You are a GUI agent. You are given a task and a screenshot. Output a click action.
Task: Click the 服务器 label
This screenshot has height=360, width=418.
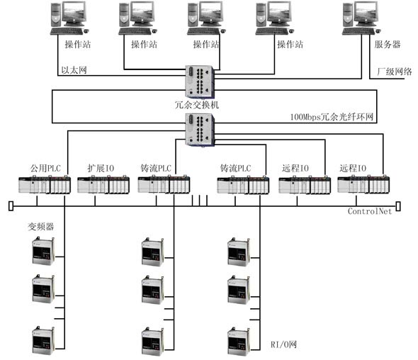tap(387, 44)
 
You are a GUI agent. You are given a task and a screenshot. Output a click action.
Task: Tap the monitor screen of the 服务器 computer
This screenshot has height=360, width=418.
tap(366, 12)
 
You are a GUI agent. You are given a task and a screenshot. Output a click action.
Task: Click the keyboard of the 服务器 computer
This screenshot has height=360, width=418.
tap(358, 31)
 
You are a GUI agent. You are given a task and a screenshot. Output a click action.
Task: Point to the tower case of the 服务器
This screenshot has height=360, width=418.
tap(348, 15)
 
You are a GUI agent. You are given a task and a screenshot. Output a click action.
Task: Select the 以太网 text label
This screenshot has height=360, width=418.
tap(74, 70)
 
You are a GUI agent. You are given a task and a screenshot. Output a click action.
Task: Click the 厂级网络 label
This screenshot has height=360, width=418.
tap(395, 72)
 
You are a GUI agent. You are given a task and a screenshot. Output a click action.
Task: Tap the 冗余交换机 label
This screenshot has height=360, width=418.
tap(197, 105)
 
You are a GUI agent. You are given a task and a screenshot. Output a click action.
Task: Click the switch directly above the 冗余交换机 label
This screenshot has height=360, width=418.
tap(200, 81)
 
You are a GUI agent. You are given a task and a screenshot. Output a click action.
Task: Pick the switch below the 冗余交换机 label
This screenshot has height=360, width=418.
tap(200, 130)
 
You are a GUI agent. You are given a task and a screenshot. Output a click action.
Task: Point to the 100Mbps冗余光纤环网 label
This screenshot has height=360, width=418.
tap(332, 117)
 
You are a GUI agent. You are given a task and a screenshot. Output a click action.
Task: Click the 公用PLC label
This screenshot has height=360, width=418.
tap(45, 168)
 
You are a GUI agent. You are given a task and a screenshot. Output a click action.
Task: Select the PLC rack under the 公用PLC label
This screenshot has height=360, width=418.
tap(45, 184)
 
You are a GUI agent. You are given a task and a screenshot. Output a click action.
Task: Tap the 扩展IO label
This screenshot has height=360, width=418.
tap(101, 168)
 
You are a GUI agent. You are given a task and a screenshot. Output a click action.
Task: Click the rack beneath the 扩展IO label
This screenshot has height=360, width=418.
tap(103, 184)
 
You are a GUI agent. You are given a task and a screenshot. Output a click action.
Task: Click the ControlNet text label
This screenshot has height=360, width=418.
tap(370, 211)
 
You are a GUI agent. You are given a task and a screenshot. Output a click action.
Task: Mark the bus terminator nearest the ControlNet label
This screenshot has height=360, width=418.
tap(398, 206)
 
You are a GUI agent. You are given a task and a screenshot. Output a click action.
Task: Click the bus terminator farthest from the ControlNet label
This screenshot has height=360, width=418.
tap(11, 206)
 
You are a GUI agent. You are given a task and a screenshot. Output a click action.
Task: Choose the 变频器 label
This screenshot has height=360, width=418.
tap(41, 227)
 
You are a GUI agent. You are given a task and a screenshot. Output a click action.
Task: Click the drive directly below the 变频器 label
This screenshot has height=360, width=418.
tap(43, 251)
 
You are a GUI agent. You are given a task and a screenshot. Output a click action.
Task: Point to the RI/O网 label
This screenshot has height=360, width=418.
tap(283, 344)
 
